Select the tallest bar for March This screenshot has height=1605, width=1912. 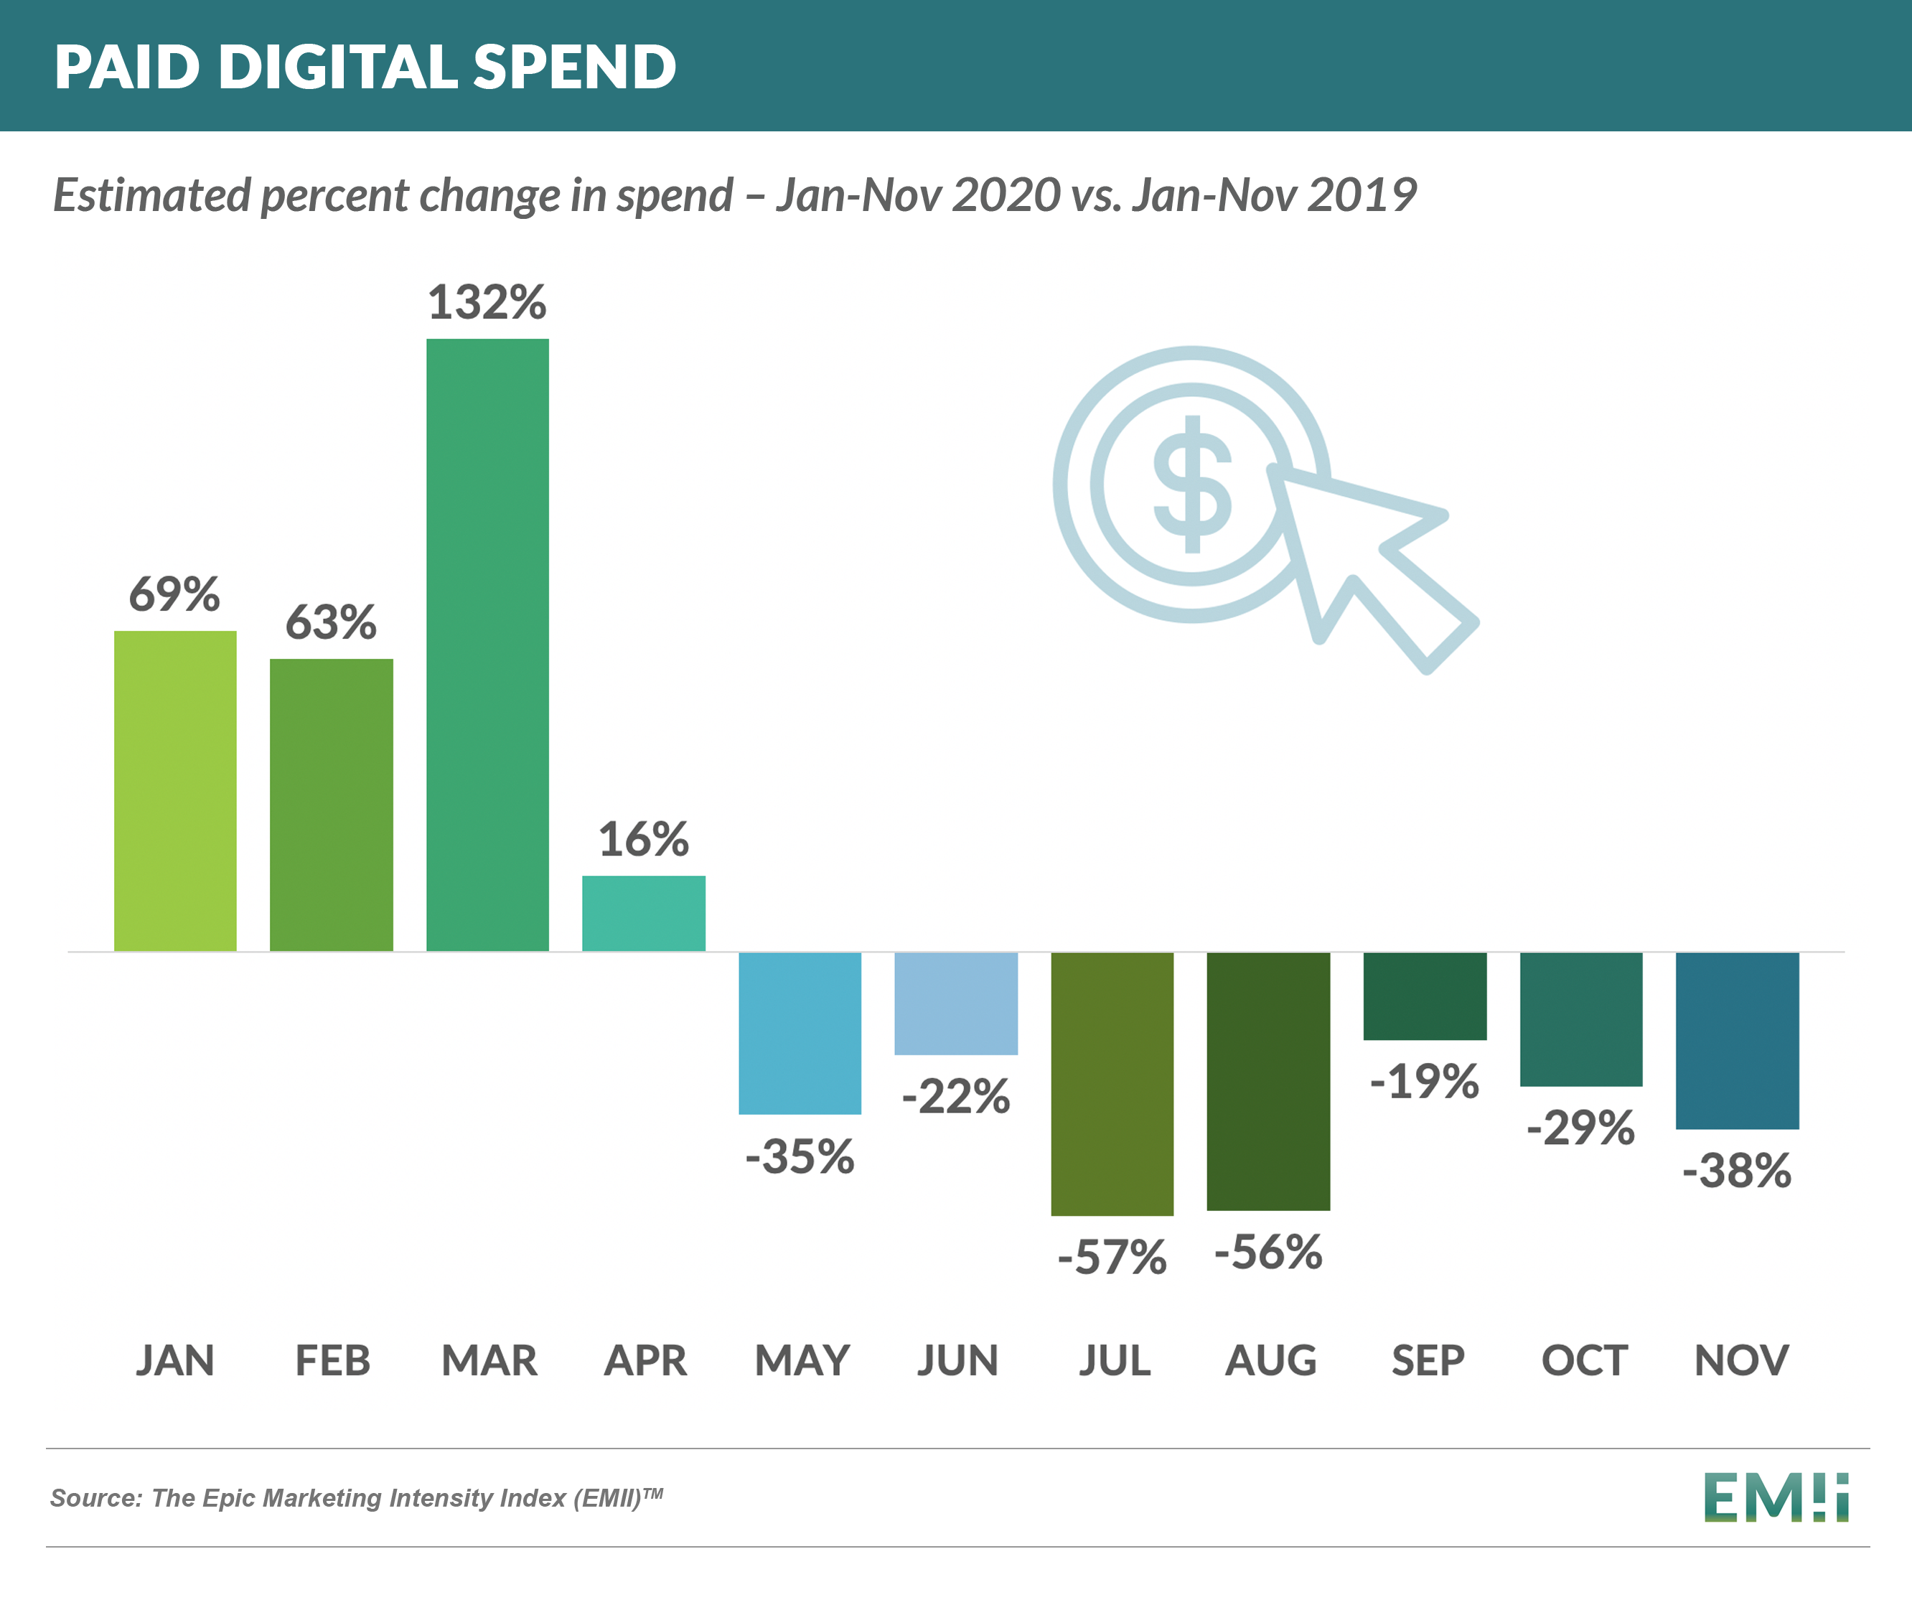(487, 645)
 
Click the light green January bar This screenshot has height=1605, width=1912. (175, 790)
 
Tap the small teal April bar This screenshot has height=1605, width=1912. (644, 913)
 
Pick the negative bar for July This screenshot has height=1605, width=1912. (1112, 1083)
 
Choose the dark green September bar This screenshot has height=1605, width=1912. (1425, 996)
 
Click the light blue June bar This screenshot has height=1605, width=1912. (956, 1003)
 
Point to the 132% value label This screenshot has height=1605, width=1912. (487, 302)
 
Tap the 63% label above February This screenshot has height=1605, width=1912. (330, 623)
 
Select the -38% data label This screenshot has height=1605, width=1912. (1736, 1171)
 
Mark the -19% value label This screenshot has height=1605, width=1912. (1424, 1082)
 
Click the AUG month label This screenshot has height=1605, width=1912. (1270, 1361)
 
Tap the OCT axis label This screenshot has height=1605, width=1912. (1583, 1361)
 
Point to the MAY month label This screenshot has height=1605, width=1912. (801, 1361)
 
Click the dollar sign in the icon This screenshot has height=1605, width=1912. (1192, 485)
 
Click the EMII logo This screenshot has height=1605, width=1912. (1776, 1497)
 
